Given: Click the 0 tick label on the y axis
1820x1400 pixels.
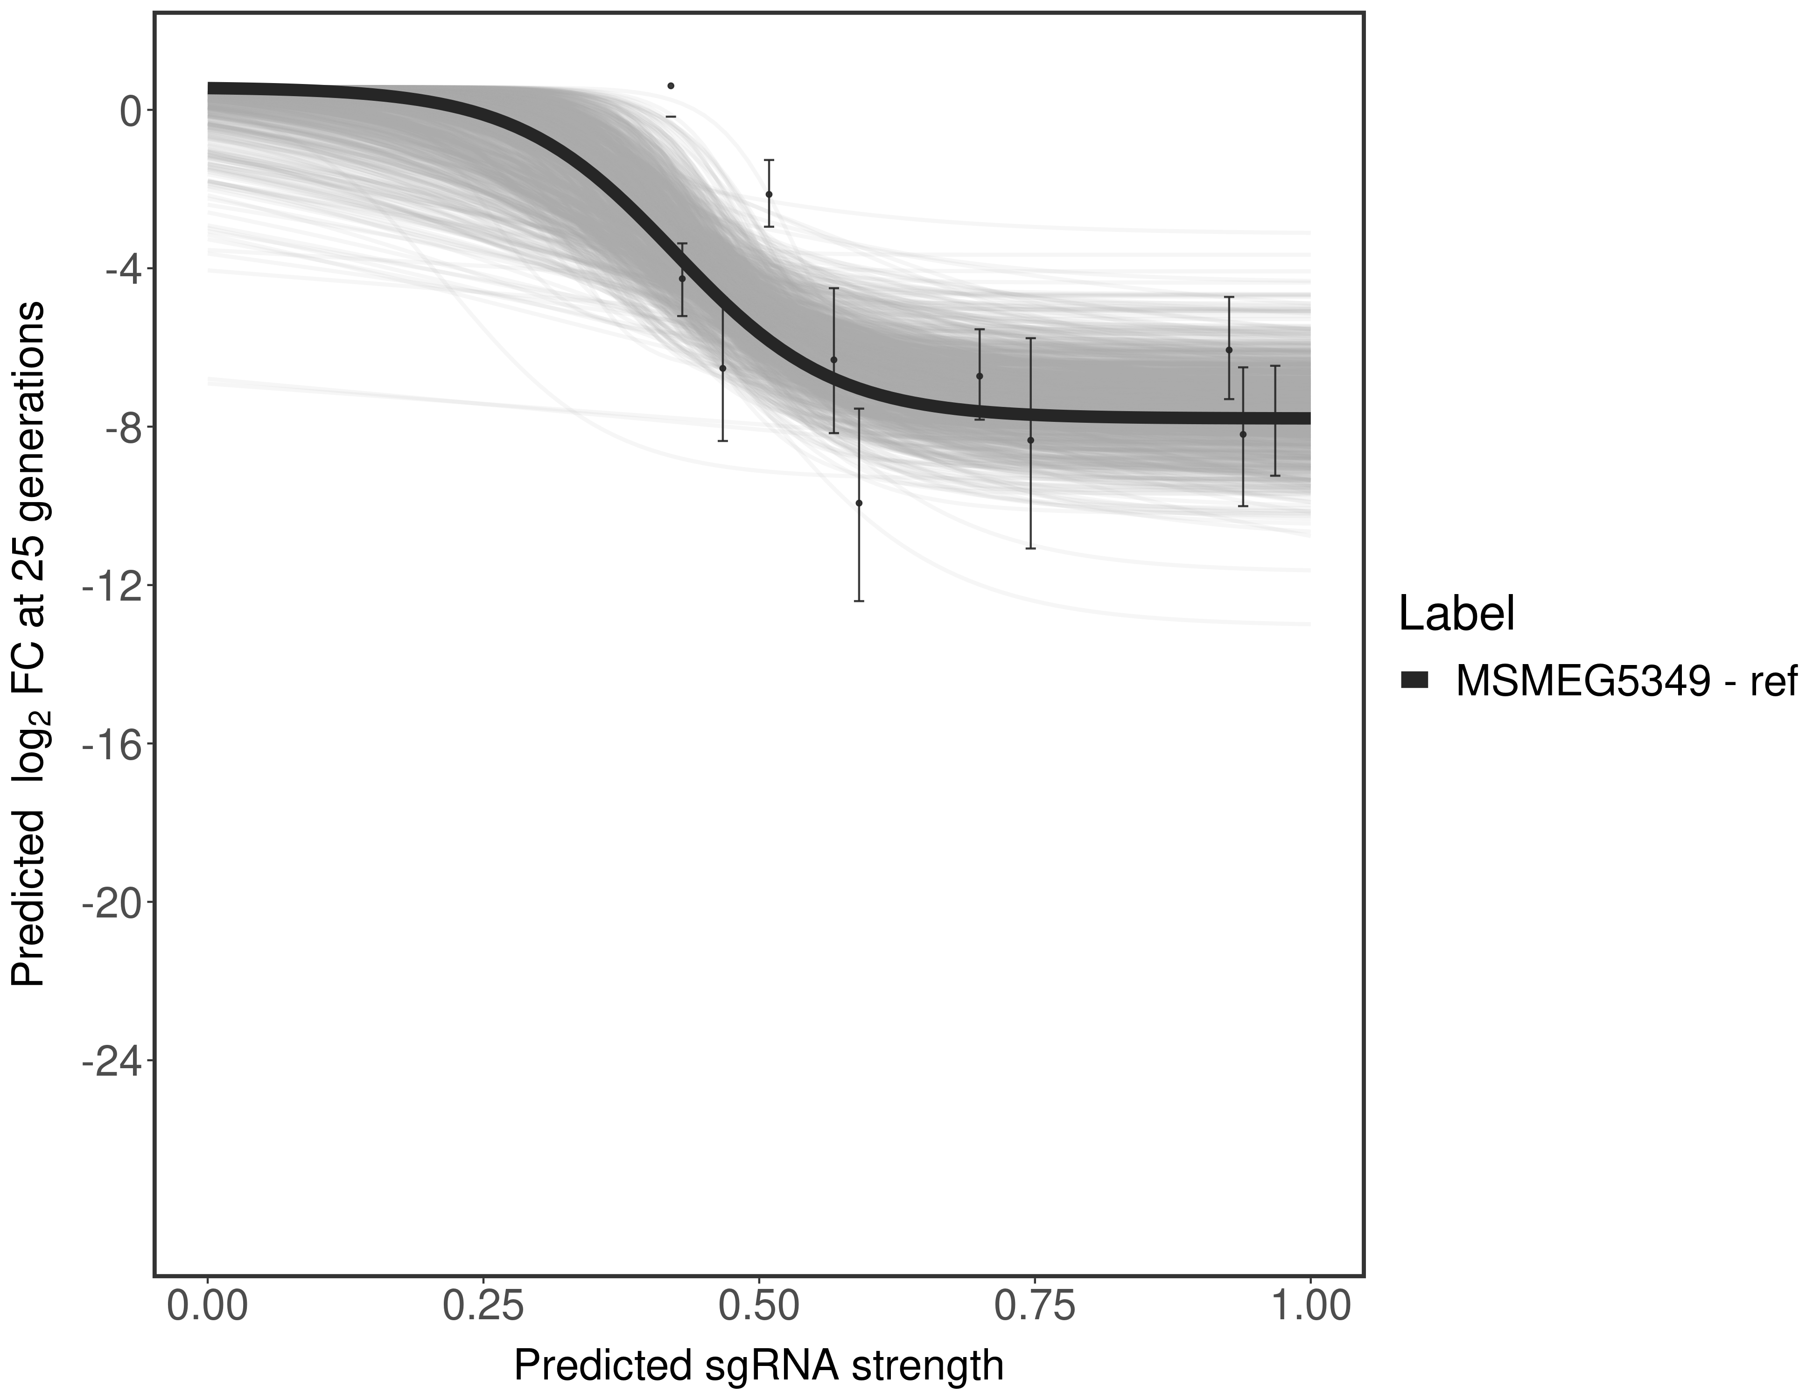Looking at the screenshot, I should point(131,111).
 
